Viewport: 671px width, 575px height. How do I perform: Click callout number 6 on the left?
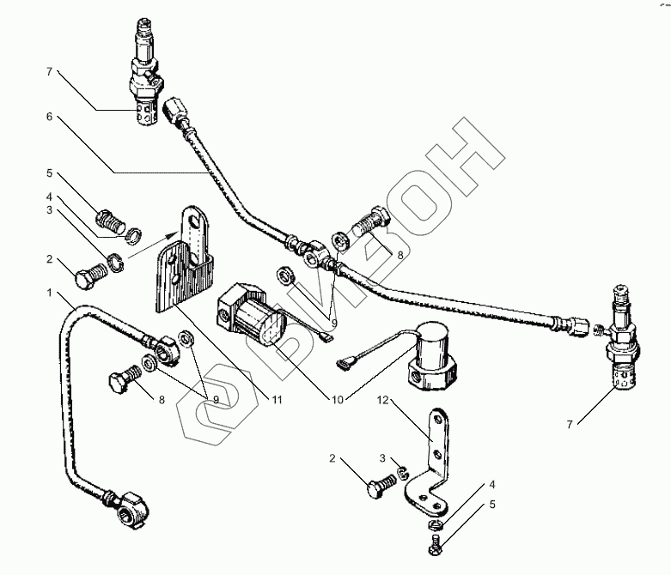50,117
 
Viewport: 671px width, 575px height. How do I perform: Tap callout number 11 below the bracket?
277,399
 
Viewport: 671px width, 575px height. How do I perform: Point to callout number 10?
335,399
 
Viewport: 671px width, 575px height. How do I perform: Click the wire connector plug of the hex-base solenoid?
348,364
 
